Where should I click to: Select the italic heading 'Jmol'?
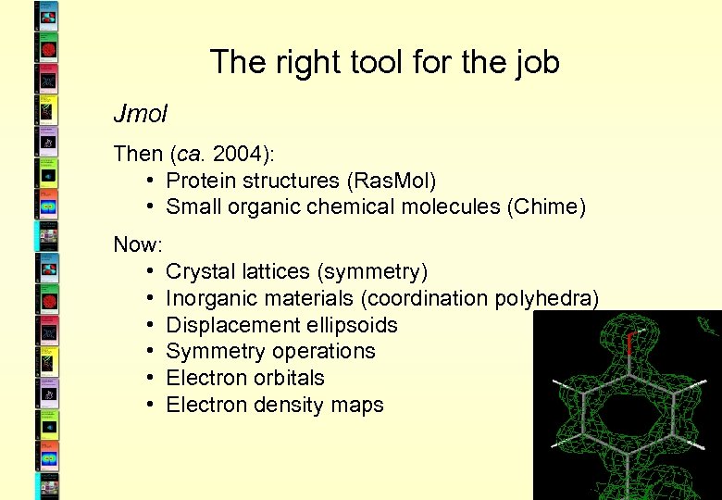pos(140,114)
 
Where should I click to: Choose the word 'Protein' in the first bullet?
pos(202,180)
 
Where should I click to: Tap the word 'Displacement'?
pos(229,325)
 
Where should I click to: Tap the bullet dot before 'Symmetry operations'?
pos(149,352)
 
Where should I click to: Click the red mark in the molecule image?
pos(629,344)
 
